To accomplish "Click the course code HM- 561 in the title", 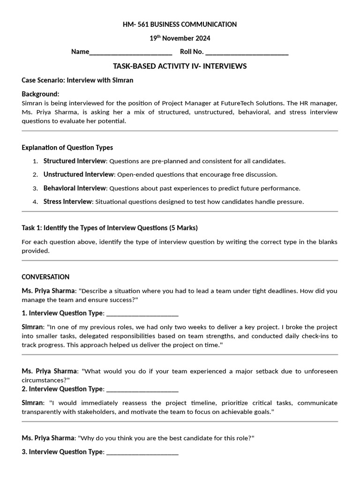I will [x=136, y=24].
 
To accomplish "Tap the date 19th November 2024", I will [x=180, y=38].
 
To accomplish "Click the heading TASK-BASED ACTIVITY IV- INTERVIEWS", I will [x=180, y=66].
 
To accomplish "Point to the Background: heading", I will [x=40, y=94].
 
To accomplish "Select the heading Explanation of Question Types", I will [x=67, y=148].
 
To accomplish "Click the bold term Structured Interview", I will [x=75, y=161].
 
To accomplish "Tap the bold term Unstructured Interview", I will [x=78, y=174].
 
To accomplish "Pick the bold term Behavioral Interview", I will [x=75, y=188].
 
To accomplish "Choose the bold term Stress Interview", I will [x=68, y=202].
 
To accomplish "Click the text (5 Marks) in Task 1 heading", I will [x=183, y=228].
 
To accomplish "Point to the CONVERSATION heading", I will [x=45, y=277].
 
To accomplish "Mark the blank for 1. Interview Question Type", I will [x=142, y=313].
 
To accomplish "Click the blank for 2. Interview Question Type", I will [x=142, y=389].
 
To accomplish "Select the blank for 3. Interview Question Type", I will [x=142, y=452].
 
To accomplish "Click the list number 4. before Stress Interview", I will [x=35, y=202].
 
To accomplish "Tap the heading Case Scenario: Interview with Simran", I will [x=77, y=80].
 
